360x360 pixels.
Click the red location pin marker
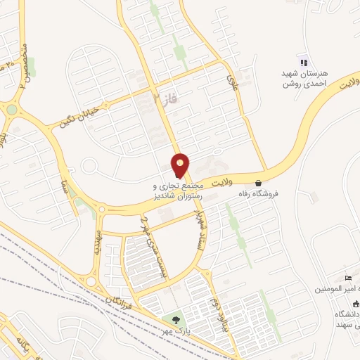tap(181, 165)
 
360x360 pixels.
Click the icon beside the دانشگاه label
tap(355, 303)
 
